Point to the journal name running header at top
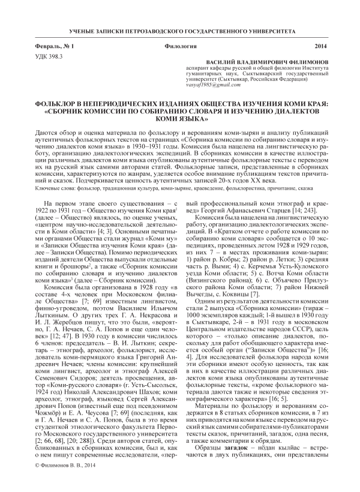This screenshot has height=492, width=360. click(180, 30)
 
